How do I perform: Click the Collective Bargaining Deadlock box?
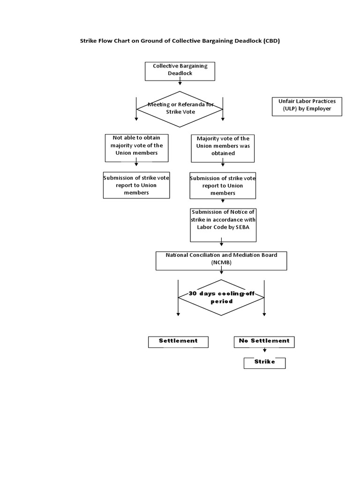[180, 70]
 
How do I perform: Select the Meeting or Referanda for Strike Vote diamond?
[180, 109]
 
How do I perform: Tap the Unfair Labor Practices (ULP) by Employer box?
[307, 106]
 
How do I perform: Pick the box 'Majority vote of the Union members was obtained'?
[223, 148]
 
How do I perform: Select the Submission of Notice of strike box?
[223, 222]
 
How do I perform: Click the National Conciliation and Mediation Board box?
[221, 261]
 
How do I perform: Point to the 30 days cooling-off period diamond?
[221, 298]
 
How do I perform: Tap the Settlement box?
[178, 342]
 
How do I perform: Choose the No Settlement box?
[264, 342]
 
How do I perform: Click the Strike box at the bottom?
[264, 363]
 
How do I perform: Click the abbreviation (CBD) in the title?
[271, 41]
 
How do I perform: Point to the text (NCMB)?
[221, 263]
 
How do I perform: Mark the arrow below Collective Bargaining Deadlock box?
[180, 82]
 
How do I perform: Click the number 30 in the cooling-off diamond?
[192, 294]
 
